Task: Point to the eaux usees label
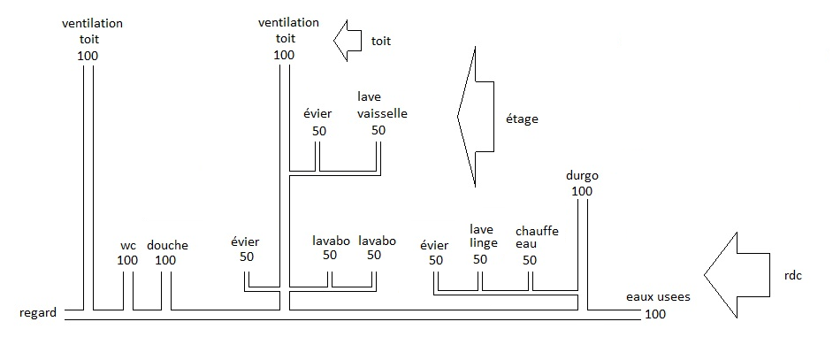[x=657, y=298]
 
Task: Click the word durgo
[x=582, y=176]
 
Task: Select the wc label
[x=128, y=246]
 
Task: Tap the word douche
[x=167, y=246]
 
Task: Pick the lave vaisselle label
[x=382, y=105]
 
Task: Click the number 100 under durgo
[x=582, y=191]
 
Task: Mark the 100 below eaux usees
[x=655, y=314]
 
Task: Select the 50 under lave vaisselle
[x=378, y=130]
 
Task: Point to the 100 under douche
[x=165, y=260]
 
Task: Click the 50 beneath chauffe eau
[x=530, y=260]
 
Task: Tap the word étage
[x=522, y=119]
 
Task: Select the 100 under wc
[x=127, y=260]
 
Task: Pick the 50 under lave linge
[x=480, y=260]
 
